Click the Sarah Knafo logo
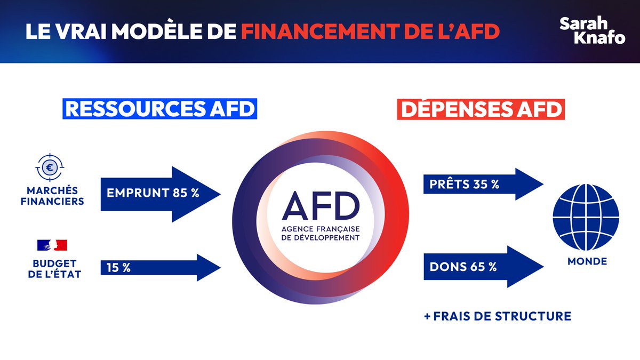(x=592, y=30)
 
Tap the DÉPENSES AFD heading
(x=480, y=109)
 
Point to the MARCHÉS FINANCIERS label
(x=52, y=196)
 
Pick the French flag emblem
(x=52, y=245)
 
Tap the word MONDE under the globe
(x=587, y=261)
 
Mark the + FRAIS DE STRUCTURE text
(x=497, y=316)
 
